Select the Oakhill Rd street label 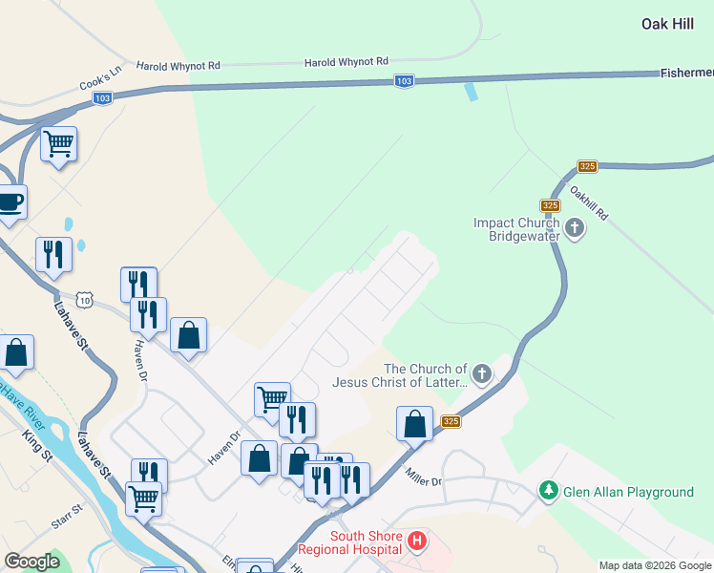(x=588, y=202)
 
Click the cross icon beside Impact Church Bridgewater (x=575, y=228)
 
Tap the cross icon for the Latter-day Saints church (x=482, y=374)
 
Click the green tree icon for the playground (x=548, y=491)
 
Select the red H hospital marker (x=416, y=542)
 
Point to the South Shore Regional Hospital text (x=349, y=542)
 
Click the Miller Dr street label (x=424, y=476)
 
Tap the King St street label (x=37, y=446)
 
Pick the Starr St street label (x=68, y=519)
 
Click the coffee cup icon (x=10, y=202)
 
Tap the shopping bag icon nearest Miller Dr (x=414, y=423)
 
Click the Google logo (x=31, y=562)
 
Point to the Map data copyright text (x=655, y=565)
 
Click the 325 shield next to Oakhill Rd (x=586, y=166)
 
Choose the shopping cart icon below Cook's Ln (x=59, y=144)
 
